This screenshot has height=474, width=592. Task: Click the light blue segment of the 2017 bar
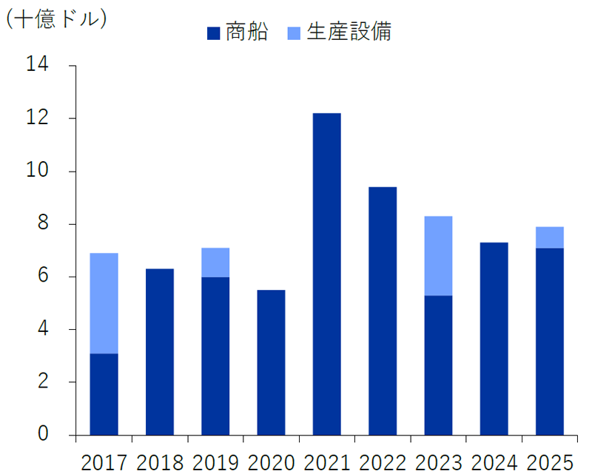104,303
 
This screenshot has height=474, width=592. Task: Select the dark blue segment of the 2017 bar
104,394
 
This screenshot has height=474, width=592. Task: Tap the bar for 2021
326,274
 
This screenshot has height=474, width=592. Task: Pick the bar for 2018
159,351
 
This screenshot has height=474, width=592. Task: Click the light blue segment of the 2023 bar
438,256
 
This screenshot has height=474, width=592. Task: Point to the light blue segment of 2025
549,237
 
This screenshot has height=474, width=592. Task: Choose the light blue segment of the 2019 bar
215,263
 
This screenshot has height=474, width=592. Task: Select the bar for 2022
383,311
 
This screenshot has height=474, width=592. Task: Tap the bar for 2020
271,362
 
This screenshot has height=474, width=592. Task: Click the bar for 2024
494,339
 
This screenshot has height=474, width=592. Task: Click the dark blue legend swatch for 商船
213,33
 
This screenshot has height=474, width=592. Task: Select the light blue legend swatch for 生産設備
294,33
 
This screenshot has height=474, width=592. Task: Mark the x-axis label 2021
326,462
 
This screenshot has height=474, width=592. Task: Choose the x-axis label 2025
549,462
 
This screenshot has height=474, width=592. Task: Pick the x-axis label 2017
104,462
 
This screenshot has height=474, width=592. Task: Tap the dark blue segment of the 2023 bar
438,365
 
